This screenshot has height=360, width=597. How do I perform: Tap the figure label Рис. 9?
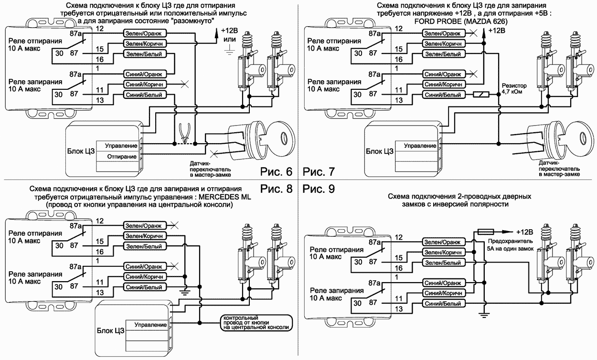(319, 189)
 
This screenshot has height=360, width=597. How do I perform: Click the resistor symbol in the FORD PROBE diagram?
(480, 95)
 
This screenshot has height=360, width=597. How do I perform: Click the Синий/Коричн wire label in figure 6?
(145, 84)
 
